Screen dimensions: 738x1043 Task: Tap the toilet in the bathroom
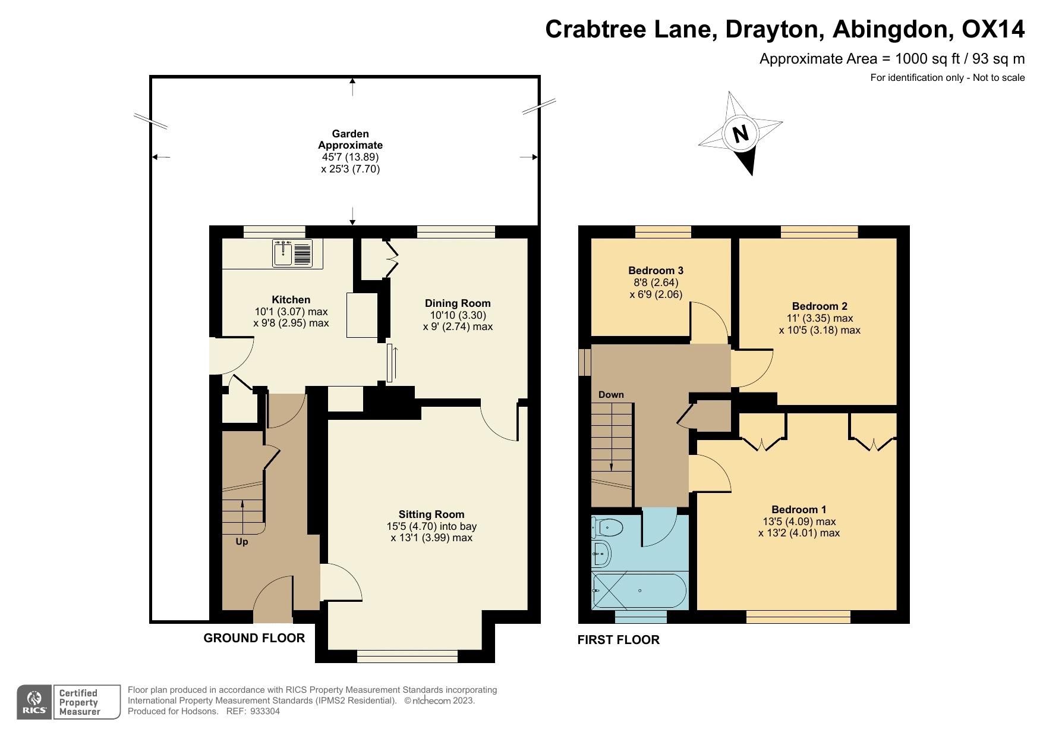(x=609, y=527)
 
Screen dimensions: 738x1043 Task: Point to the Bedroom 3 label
(x=656, y=271)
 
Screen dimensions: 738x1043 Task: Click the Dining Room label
(x=457, y=303)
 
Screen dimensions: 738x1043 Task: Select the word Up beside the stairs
(x=242, y=542)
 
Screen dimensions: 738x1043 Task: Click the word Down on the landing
(x=611, y=395)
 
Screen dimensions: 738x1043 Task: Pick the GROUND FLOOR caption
(x=254, y=638)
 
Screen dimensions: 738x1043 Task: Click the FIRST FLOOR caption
(x=618, y=640)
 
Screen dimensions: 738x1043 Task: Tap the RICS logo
(x=34, y=702)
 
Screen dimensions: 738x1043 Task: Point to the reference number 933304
(x=264, y=711)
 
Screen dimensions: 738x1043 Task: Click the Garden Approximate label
(x=350, y=140)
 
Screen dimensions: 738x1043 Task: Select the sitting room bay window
(x=407, y=656)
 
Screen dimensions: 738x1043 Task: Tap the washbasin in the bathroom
(x=602, y=554)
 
